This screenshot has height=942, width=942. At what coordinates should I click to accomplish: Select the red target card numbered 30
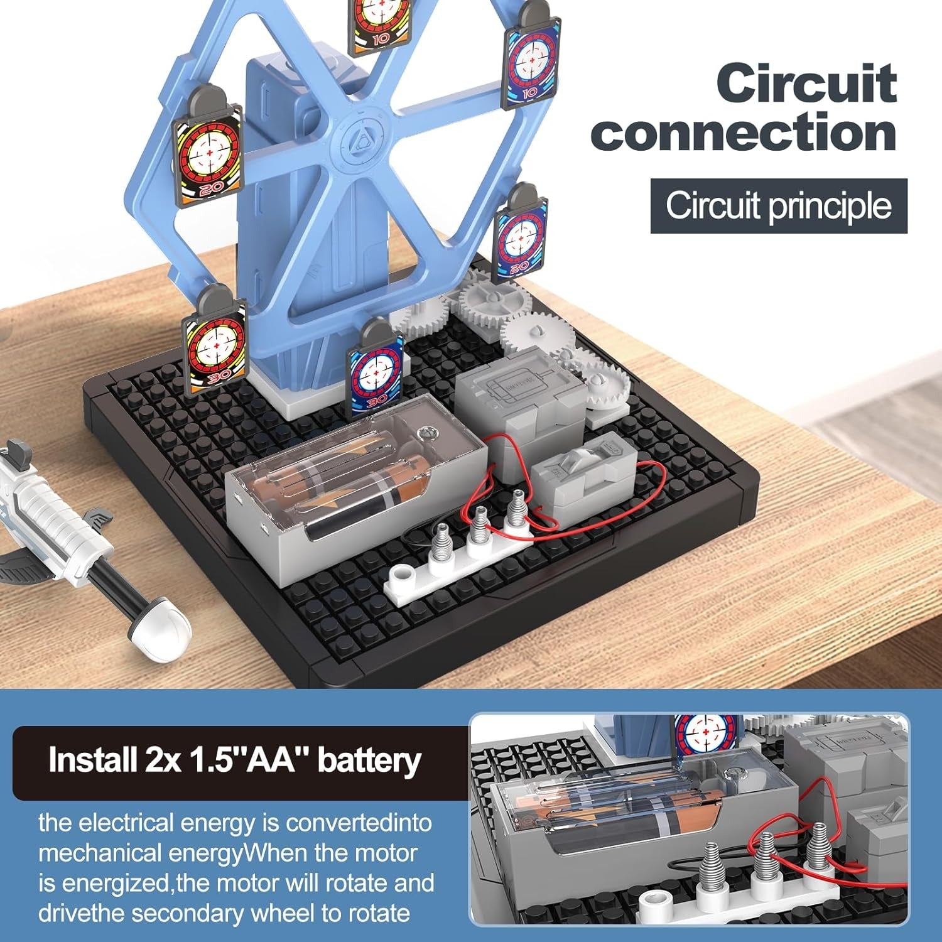[x=214, y=347]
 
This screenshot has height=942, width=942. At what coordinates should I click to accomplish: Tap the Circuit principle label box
[x=779, y=206]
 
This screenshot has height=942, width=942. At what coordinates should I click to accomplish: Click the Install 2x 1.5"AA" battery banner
[x=235, y=761]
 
